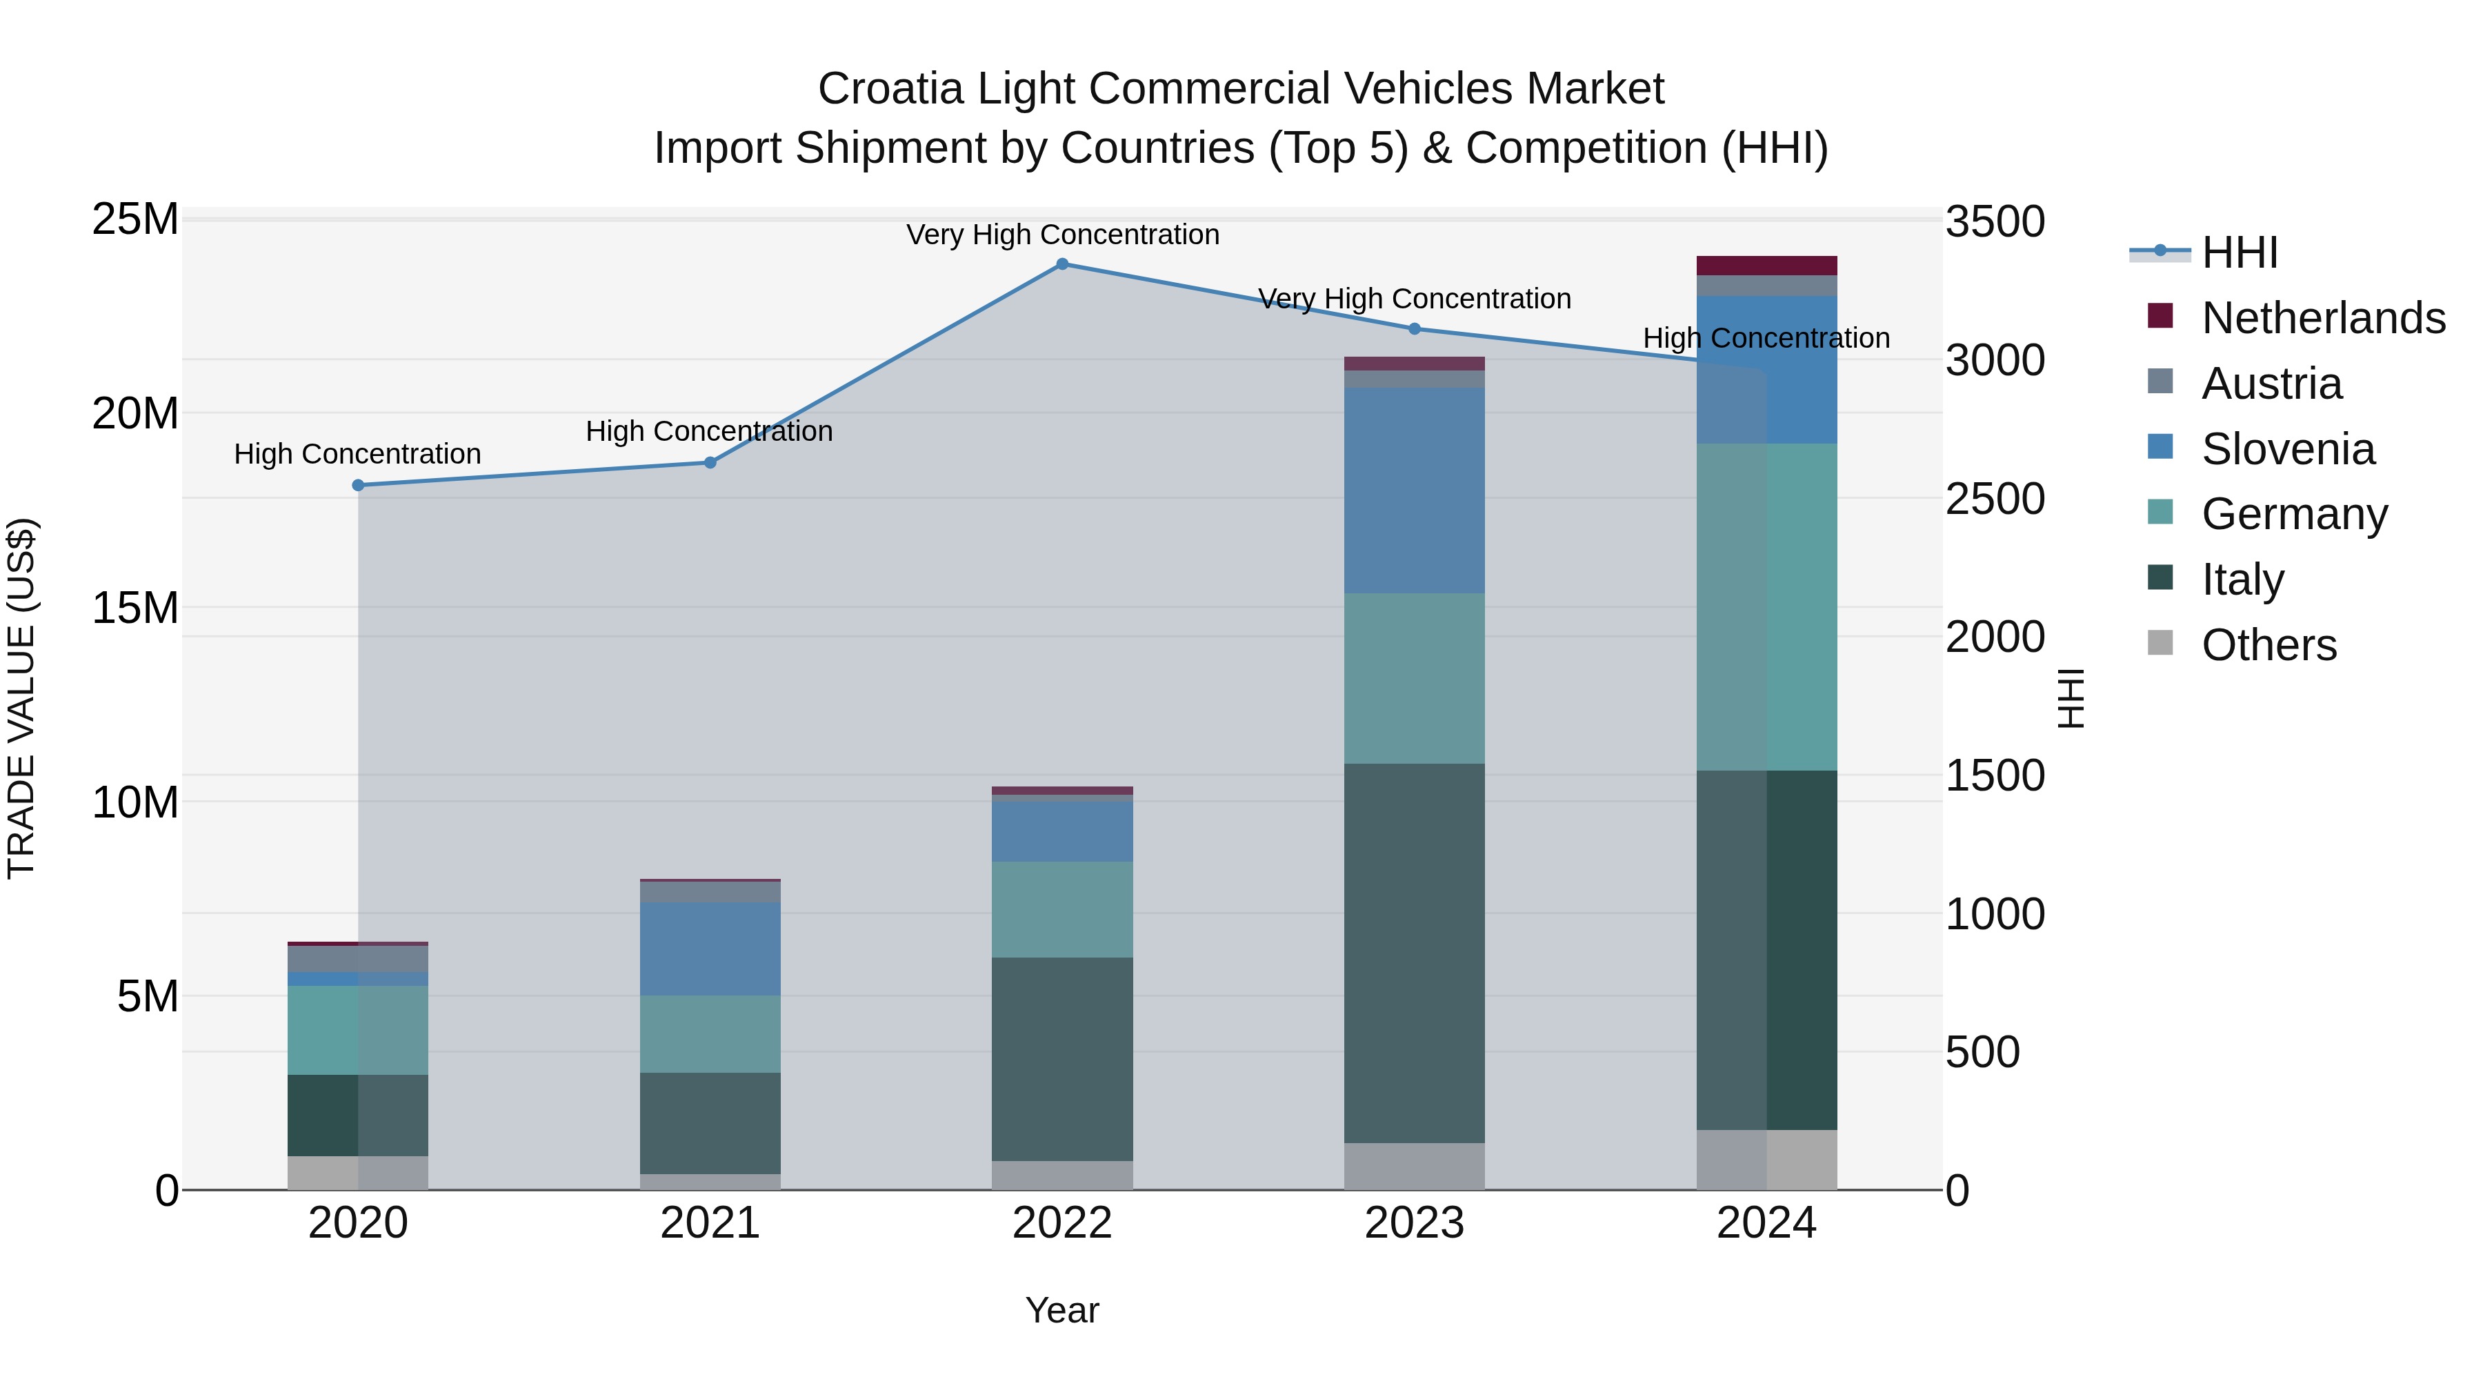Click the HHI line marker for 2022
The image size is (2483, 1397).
pyautogui.click(x=1062, y=264)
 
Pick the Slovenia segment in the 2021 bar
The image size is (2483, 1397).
pyautogui.click(x=710, y=948)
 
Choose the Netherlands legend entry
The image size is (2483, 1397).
pyautogui.click(x=2323, y=318)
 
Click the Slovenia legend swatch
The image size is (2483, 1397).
pyautogui.click(x=2161, y=447)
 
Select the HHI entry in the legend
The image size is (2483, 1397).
pyautogui.click(x=2239, y=252)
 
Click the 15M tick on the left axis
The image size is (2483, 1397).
pyautogui.click(x=135, y=608)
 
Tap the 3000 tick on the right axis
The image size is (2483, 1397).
pyautogui.click(x=1993, y=361)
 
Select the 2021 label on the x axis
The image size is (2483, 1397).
pyautogui.click(x=710, y=1223)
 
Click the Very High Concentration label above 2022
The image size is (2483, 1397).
pyautogui.click(x=1062, y=235)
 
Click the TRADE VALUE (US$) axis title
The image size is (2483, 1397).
pyautogui.click(x=22, y=698)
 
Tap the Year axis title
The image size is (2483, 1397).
pyautogui.click(x=1062, y=1310)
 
